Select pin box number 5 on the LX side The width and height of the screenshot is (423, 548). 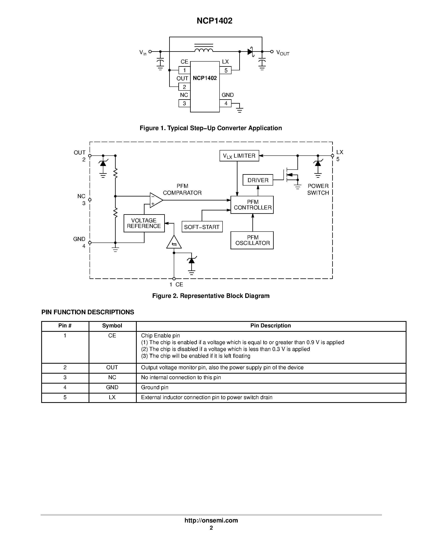(226, 70)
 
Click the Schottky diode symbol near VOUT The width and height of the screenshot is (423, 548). (250, 52)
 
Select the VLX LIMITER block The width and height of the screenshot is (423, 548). (239, 156)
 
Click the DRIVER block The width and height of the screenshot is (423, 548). (258, 180)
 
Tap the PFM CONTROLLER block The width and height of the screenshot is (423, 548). (252, 205)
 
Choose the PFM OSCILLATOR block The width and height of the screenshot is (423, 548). (252, 240)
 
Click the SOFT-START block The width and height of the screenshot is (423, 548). (202, 227)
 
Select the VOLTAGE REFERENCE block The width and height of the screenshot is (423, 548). (144, 223)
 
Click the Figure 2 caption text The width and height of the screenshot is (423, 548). (211, 296)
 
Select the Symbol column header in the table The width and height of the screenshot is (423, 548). (112, 326)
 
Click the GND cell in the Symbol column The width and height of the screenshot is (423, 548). (112, 387)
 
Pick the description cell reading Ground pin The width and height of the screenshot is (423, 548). (155, 387)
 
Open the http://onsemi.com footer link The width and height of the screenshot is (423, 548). (211, 520)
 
